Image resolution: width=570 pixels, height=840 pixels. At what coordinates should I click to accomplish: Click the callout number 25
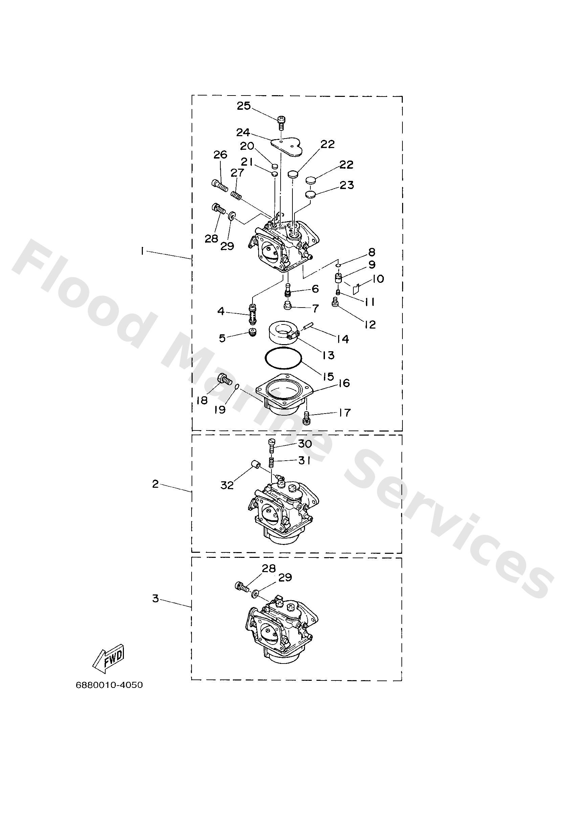pos(243,106)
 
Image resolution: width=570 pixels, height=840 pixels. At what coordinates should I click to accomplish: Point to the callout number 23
pos(346,185)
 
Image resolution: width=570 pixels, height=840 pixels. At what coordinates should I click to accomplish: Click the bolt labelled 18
pos(224,379)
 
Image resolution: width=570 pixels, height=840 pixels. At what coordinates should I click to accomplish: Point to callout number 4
pos(221,311)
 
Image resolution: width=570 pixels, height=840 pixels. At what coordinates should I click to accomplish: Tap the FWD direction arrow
pos(109,662)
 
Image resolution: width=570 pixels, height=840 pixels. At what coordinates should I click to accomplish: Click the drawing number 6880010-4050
pos(109,685)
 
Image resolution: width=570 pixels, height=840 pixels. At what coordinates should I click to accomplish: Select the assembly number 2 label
pos(155,484)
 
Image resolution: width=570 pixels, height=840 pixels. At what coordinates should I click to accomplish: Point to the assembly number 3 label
pos(155,598)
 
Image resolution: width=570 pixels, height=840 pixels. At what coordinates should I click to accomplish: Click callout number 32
pos(227,485)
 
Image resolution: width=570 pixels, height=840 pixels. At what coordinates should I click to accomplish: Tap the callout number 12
pos(370,324)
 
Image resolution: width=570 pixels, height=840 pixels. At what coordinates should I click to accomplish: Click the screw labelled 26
pos(219,186)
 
